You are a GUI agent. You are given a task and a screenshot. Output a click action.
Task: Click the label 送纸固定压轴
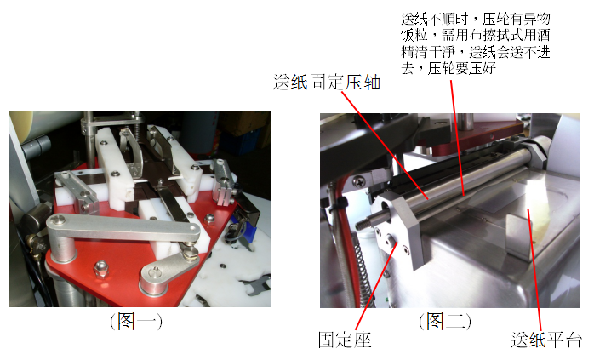pyautogui.click(x=326, y=83)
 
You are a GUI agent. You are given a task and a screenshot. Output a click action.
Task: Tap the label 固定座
pyautogui.click(x=345, y=340)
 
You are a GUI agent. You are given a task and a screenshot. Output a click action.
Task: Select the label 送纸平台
pyautogui.click(x=545, y=340)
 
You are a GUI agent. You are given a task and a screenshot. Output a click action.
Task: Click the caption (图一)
pyautogui.click(x=136, y=322)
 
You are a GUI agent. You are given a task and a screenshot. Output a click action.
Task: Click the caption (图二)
pyautogui.click(x=445, y=322)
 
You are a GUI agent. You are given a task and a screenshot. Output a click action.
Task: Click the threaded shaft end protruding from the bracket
pyautogui.click(x=364, y=225)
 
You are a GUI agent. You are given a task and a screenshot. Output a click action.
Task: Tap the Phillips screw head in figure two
pyautogui.click(x=358, y=181)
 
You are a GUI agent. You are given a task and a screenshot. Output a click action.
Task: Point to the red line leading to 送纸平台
pyautogui.click(x=535, y=270)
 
